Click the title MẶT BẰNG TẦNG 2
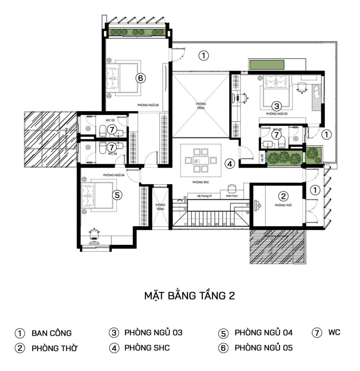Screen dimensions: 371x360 (x=190, y=295)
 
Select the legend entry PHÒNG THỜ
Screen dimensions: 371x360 (x=54, y=348)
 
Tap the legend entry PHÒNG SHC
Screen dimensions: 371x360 (x=147, y=348)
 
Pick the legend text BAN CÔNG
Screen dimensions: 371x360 (x=52, y=333)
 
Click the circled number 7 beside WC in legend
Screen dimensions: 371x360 (x=317, y=332)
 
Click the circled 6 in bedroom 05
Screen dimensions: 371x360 (x=140, y=78)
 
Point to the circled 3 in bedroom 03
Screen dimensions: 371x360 (x=276, y=106)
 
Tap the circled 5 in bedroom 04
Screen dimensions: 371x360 (x=117, y=195)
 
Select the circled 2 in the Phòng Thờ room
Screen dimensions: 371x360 (x=283, y=196)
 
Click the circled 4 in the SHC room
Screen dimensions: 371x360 (x=230, y=164)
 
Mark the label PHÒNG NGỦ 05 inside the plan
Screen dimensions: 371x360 (x=148, y=105)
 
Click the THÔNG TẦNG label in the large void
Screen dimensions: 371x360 (x=201, y=106)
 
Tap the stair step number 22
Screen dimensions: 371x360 (x=185, y=197)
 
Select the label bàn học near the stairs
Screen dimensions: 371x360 (x=232, y=196)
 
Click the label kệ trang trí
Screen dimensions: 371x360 (x=205, y=196)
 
